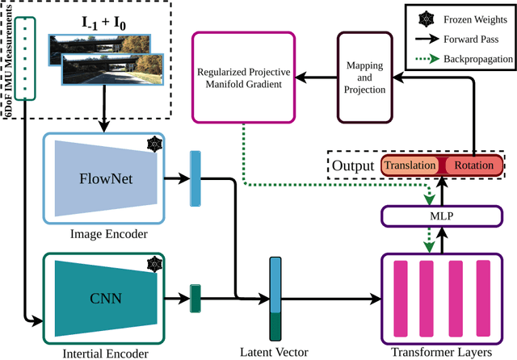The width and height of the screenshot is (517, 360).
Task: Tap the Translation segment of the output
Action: point(408,165)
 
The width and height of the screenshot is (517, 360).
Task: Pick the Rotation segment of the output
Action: point(472,165)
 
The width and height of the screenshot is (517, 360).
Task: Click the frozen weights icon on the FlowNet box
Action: point(153,144)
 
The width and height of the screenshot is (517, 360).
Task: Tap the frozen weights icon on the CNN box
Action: point(153,265)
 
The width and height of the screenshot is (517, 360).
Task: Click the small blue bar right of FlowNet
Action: point(194,178)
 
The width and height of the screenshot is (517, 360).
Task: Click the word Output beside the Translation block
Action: point(353,165)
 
